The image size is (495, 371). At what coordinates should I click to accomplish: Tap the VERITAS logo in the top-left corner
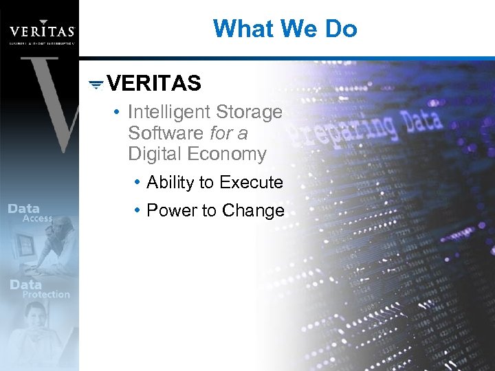pos(41,30)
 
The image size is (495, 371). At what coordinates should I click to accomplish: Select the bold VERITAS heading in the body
pos(155,84)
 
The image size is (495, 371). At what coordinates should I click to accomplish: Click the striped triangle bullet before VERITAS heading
pos(97,84)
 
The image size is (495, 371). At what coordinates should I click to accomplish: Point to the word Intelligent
pos(169,112)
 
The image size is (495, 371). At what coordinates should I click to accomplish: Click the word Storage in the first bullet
pos(250,112)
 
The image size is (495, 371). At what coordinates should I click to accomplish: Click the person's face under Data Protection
pos(34,317)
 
